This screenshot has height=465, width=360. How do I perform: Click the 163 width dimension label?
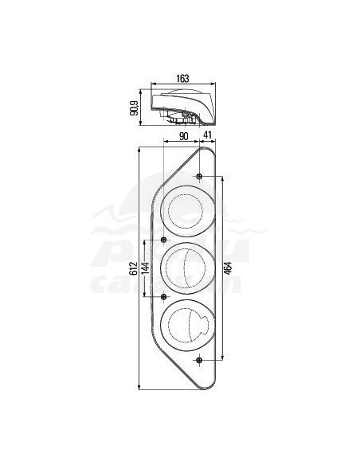coord(182,78)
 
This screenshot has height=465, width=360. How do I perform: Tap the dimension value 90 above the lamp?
coord(182,137)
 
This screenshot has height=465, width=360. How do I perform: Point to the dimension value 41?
coord(209,137)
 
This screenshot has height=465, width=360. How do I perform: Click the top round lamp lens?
coord(188,210)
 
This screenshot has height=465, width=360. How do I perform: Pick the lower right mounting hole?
coord(199,361)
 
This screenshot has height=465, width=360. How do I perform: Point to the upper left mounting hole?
coord(165,240)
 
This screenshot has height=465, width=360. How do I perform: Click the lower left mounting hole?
coord(165,297)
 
